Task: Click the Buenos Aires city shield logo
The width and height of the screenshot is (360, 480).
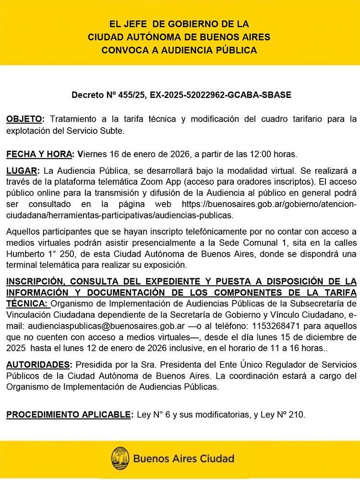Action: point(120,459)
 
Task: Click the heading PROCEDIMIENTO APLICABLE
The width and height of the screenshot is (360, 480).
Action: point(68,414)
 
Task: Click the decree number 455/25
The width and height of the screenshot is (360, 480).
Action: point(131,95)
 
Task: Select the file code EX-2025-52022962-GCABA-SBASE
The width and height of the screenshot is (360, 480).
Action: point(220,95)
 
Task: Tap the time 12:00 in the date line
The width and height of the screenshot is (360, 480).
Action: point(262,154)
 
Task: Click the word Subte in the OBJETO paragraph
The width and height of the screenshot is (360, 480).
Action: point(115,130)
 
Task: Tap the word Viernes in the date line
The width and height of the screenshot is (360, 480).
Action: point(92,154)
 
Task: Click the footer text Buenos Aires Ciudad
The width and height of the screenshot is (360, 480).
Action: point(183,459)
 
